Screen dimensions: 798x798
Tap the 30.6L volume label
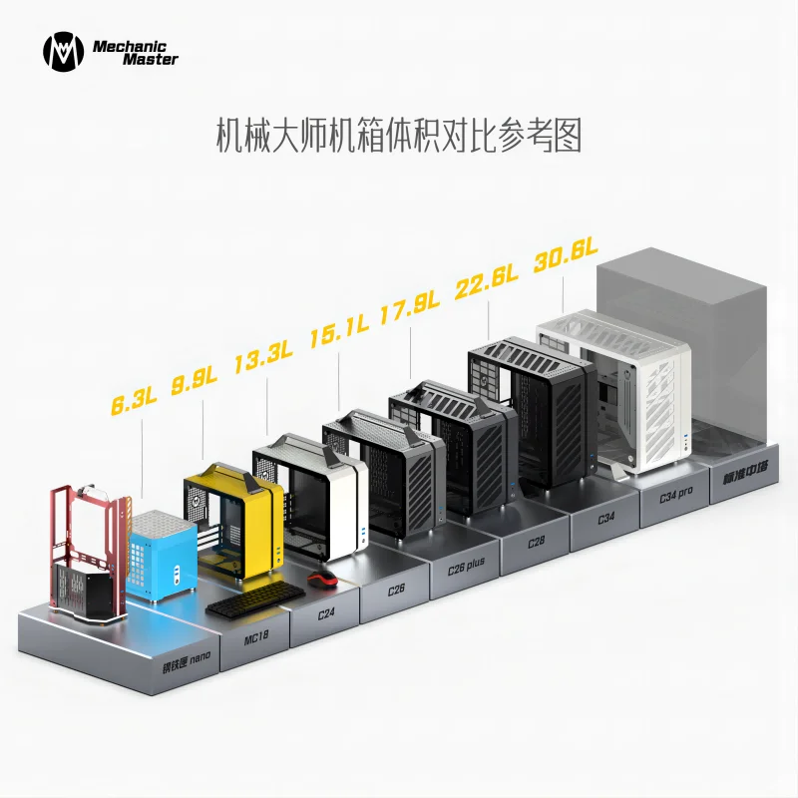coord(565,255)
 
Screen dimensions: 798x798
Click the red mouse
coord(319,581)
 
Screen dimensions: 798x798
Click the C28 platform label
coord(538,544)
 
